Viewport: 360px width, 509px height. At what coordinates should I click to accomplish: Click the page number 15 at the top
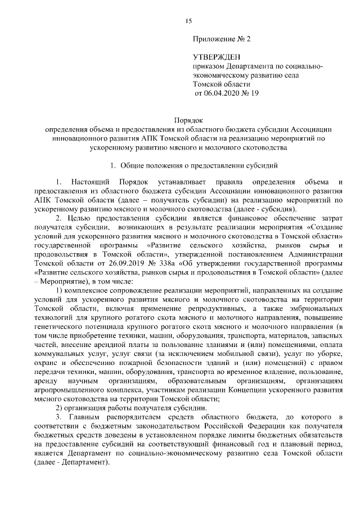(x=188, y=21)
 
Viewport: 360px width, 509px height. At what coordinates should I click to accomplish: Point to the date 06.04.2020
(x=221, y=93)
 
